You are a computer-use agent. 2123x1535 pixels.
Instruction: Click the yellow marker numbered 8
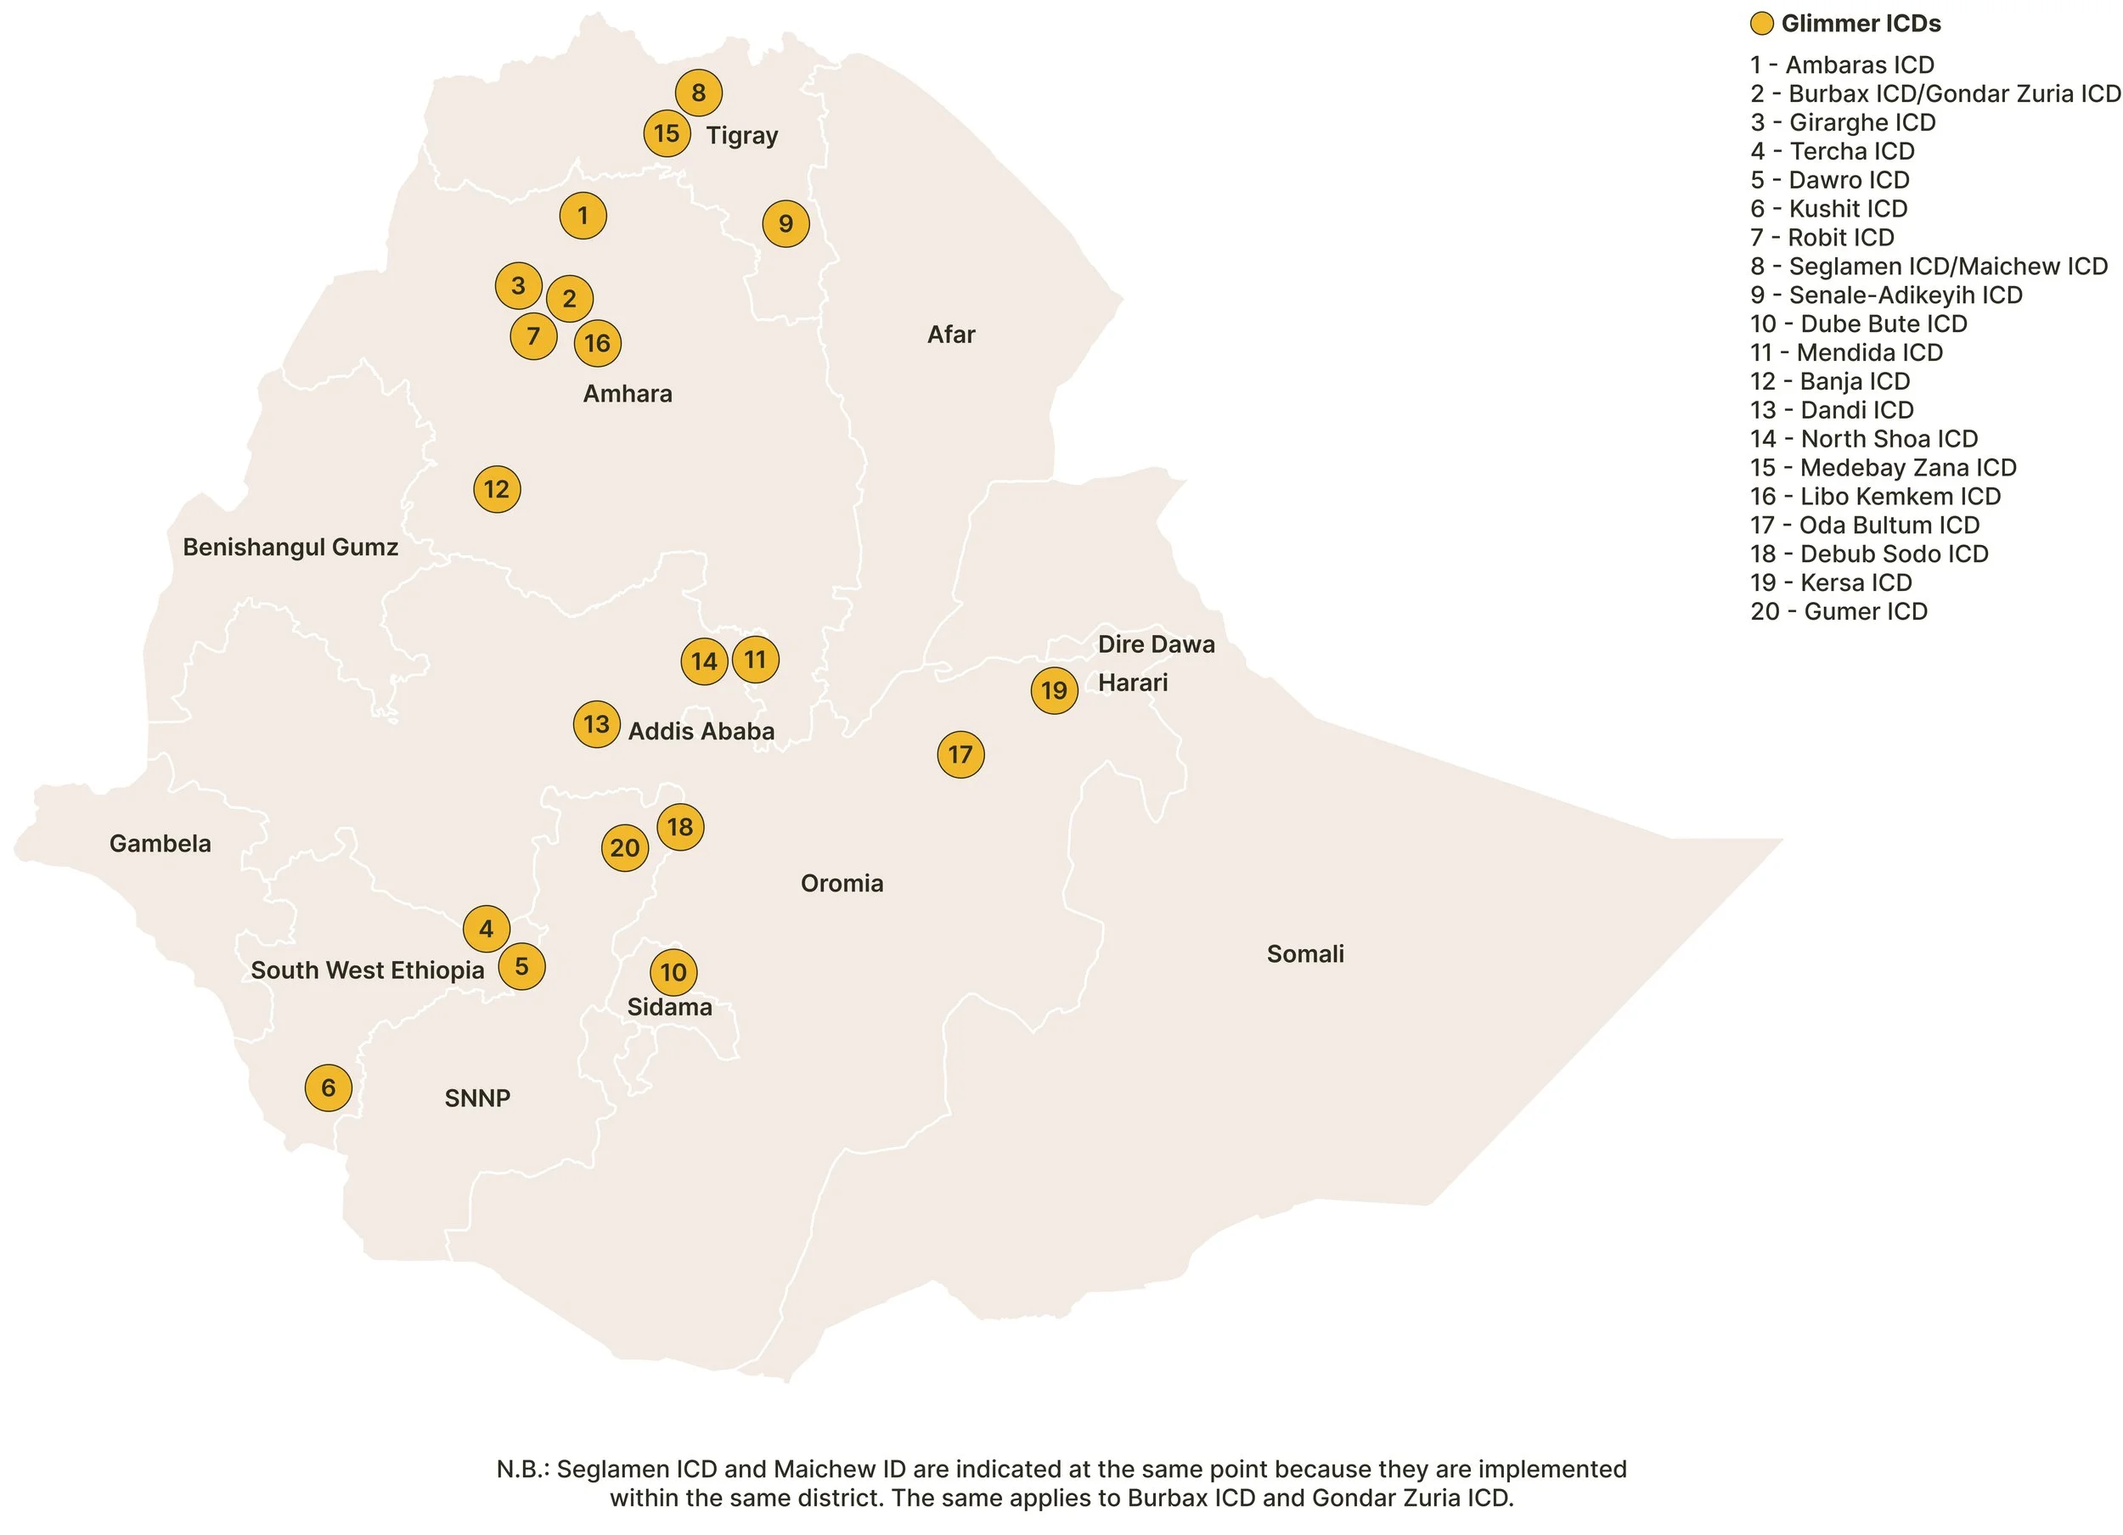pyautogui.click(x=698, y=93)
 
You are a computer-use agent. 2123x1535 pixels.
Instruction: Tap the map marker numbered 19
pyautogui.click(x=1054, y=691)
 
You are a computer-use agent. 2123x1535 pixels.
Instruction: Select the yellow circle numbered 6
pyautogui.click(x=329, y=1088)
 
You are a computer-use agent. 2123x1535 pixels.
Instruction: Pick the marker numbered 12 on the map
pyautogui.click(x=497, y=488)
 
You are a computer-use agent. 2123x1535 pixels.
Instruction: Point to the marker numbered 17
pyautogui.click(x=960, y=755)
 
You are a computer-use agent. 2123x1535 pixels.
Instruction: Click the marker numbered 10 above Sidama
pyautogui.click(x=673, y=971)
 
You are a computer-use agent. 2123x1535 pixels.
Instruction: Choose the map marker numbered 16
pyautogui.click(x=597, y=342)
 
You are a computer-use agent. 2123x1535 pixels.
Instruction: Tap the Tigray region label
pyautogui.click(x=742, y=136)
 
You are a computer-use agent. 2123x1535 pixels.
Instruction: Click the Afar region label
pyautogui.click(x=951, y=335)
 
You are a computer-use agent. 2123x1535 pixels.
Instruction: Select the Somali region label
pyautogui.click(x=1305, y=953)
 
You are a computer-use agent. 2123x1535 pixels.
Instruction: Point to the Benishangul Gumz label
pyautogui.click(x=290, y=547)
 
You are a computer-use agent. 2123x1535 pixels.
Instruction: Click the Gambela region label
pyautogui.click(x=160, y=843)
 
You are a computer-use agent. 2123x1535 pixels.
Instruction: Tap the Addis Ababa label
pyautogui.click(x=701, y=731)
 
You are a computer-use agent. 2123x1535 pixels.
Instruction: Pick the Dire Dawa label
pyautogui.click(x=1156, y=644)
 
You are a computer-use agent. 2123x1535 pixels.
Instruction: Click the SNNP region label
pyautogui.click(x=477, y=1098)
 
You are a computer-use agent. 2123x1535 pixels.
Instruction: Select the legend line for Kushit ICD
pyautogui.click(x=1828, y=209)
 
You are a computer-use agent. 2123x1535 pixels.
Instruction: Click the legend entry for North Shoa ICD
pyautogui.click(x=1863, y=439)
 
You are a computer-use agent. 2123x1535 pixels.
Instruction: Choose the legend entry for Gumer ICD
pyautogui.click(x=1839, y=611)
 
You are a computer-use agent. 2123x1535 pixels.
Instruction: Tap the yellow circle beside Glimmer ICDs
pyautogui.click(x=1762, y=24)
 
